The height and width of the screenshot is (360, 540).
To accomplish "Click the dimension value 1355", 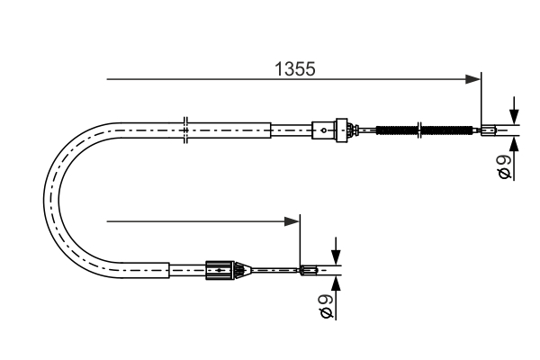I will tap(295, 68).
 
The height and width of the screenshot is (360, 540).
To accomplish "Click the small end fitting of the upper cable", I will tap(488, 130).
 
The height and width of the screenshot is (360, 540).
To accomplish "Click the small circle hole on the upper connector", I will tap(325, 130).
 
